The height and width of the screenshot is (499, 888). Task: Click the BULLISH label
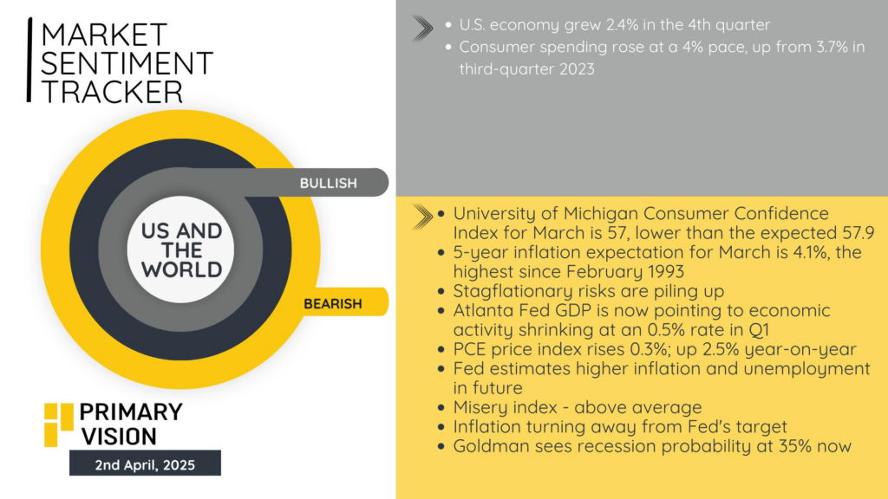point(329,184)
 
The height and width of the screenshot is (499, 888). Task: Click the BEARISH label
point(332,304)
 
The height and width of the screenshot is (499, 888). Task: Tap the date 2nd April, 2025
point(145,465)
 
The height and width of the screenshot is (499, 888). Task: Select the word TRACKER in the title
point(112,92)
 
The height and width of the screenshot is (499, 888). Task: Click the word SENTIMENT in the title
point(127,62)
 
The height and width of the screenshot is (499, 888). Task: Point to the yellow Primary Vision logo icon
point(59,424)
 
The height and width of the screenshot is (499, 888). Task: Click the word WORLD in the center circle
point(182,270)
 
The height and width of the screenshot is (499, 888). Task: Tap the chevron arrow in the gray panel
point(422,28)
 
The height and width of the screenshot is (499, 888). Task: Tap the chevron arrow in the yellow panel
point(422,217)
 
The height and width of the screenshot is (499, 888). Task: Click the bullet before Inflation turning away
point(441,427)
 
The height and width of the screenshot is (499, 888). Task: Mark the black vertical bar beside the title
point(29,60)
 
